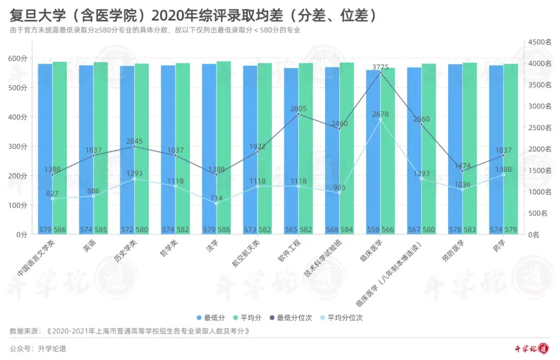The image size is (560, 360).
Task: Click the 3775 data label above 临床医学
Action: pos(380,67)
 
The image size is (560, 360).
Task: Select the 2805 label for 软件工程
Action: pos(298,108)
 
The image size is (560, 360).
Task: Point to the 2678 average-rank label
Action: pos(380,114)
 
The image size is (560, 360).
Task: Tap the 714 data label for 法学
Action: pos(216,198)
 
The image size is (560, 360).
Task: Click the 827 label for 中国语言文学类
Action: pos(52,193)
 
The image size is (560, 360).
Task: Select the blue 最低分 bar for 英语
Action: pos(86,150)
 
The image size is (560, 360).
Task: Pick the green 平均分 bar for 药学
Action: pos(511,150)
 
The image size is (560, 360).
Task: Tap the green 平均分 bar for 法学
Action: pos(223,150)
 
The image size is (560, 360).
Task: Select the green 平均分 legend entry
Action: pos(250,317)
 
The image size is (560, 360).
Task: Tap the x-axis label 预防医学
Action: pos(453,254)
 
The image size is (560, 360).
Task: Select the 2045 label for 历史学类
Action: pos(134,141)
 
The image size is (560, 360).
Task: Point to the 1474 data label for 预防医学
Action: pos(463,165)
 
